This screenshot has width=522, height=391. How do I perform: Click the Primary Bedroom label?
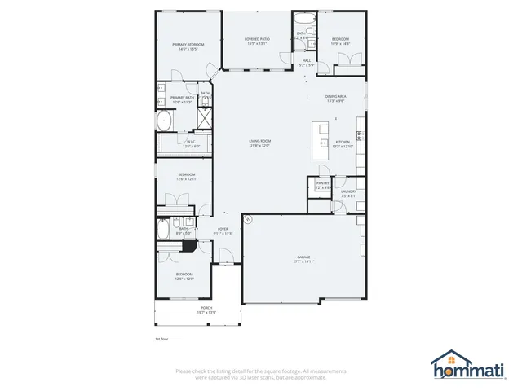tap(187, 46)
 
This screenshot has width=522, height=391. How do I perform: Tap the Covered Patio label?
tap(258, 42)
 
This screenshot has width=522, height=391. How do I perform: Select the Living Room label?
tap(260, 143)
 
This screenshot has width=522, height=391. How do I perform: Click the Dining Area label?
tap(337, 99)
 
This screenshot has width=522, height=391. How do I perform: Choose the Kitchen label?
tap(343, 144)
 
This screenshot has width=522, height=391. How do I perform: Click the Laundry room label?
tap(348, 193)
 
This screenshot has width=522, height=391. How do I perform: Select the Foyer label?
tap(223, 231)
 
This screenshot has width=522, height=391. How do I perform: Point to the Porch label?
tap(196, 310)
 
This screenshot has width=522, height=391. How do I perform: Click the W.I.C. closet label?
tap(190, 144)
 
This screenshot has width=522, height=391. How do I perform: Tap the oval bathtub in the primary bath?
tap(163, 123)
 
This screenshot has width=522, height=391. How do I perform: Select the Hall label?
tap(307, 63)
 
